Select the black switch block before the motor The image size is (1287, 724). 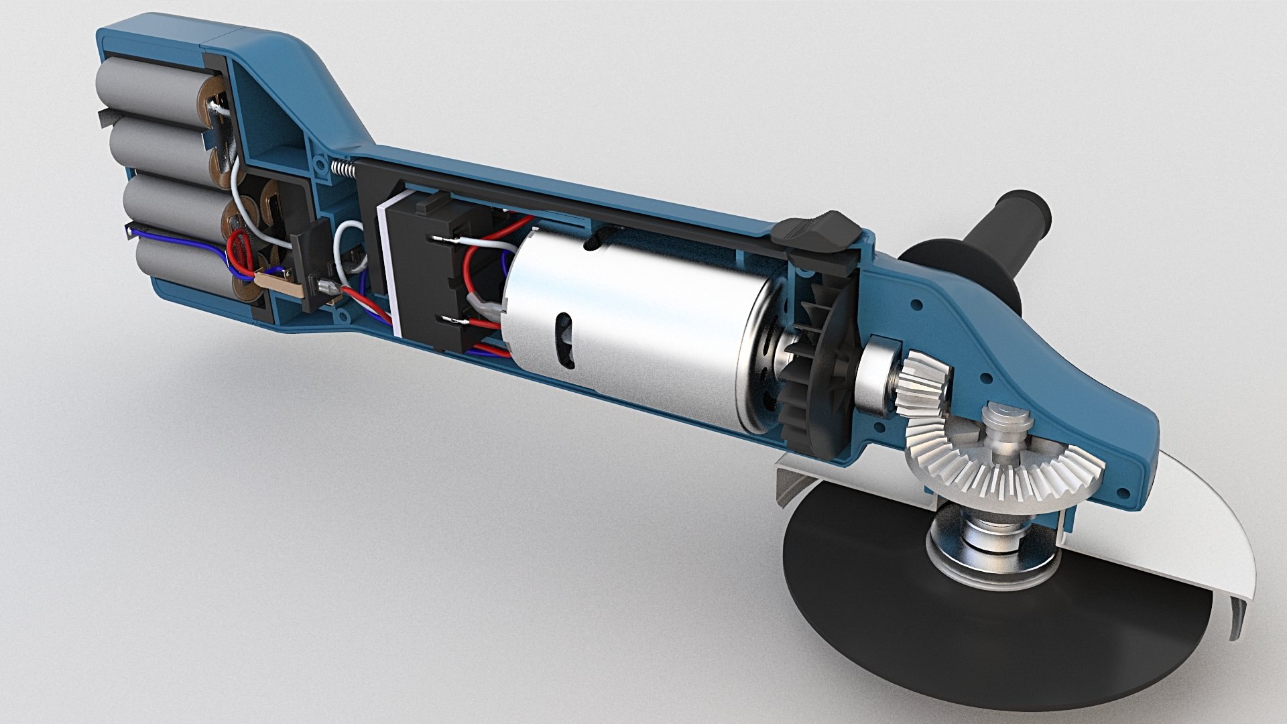429,268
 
